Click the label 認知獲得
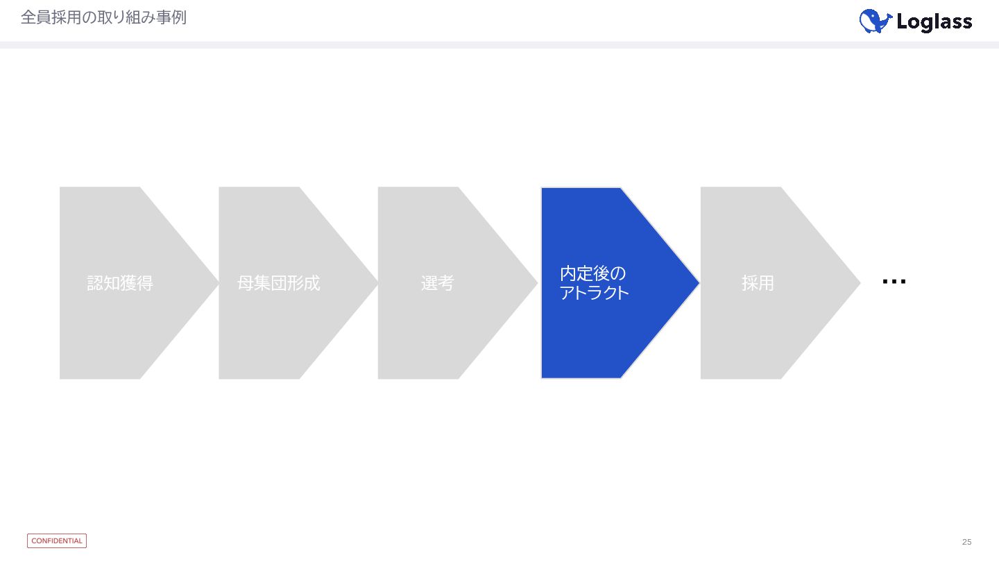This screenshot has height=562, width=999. point(120,283)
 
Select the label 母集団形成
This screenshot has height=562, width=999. point(279,283)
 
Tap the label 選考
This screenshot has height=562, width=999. point(437,283)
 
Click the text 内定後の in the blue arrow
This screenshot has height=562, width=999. point(592,273)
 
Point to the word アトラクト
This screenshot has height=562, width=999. point(595,293)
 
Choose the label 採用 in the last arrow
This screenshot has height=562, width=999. point(758,283)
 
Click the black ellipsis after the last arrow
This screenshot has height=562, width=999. point(894,282)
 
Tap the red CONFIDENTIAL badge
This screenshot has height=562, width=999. point(57,540)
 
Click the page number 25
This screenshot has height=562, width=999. point(966,542)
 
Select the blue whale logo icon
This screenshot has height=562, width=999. point(875,22)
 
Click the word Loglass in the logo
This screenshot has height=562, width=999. point(934,22)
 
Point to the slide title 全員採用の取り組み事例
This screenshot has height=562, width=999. point(103,17)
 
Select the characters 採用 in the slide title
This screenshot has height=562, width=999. point(62,17)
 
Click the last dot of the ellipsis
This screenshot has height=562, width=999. point(903,282)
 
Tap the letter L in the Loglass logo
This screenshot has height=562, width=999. point(903,22)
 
